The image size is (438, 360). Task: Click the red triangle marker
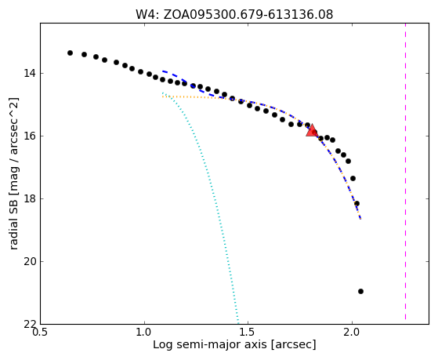pos(312,131)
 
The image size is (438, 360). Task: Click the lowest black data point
pos(360,292)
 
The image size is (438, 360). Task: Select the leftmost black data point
pos(70,53)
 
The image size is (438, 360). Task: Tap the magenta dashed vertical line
pos(405,171)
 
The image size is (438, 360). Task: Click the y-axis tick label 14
pos(30,74)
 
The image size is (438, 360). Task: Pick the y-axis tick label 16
pos(30,136)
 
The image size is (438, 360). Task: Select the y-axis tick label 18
pos(30,199)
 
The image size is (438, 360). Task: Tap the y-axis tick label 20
pos(30,261)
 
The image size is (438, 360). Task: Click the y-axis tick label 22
pos(30,324)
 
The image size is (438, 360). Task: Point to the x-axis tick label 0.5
pos(41,333)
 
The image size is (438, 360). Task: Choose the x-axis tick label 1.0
pos(144,333)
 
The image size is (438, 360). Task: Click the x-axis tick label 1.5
pos(248,333)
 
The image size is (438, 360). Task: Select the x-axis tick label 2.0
pos(353,333)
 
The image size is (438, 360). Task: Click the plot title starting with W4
pos(234,14)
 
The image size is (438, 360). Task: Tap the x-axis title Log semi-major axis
pos(234,345)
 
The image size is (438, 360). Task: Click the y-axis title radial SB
pos(13,173)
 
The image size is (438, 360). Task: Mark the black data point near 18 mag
pos(357,203)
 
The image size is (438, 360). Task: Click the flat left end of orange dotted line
pos(163,96)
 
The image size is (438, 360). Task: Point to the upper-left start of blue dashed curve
pos(163,71)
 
